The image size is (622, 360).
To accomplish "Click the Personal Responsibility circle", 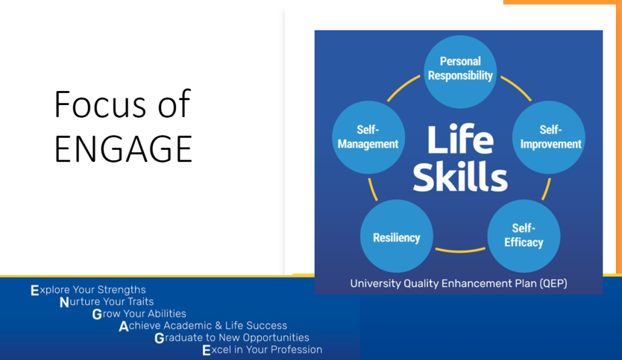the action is click(460, 72).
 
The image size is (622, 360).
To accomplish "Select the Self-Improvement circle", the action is click(549, 137).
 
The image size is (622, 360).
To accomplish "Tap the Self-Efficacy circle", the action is click(524, 236).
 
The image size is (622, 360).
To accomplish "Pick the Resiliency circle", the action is click(397, 236).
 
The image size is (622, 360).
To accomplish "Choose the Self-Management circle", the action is click(369, 137).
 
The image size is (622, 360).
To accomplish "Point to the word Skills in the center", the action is click(460, 177).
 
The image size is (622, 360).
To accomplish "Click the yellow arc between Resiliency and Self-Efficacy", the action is click(460, 251).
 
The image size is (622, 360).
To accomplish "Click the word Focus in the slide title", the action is click(100, 104).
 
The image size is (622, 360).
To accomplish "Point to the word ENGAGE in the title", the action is click(123, 149).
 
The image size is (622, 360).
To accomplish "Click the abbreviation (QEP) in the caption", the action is click(553, 284).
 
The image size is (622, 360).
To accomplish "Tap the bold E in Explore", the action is click(35, 290).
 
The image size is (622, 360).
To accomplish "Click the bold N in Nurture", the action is click(64, 302).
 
